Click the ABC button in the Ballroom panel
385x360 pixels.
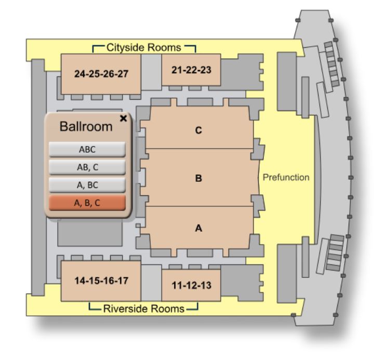point(87,149)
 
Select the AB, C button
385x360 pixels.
point(87,167)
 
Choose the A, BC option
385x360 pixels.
point(87,185)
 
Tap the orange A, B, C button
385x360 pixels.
point(87,203)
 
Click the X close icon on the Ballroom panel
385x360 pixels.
point(123,118)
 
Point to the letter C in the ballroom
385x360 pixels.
point(198,131)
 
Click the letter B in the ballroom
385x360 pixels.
point(198,178)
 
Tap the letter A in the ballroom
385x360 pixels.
point(198,227)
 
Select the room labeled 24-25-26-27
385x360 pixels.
point(101,74)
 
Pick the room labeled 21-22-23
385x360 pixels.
point(188,70)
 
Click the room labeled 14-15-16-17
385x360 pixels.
point(101,281)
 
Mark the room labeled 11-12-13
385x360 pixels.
point(188,285)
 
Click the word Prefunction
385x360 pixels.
point(286,178)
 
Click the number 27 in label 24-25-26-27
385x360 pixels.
point(122,74)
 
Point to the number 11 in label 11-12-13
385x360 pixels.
point(175,285)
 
